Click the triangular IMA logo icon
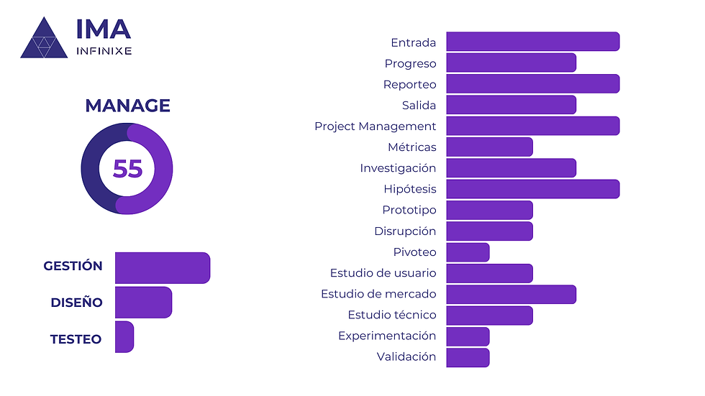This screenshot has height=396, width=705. coord(43,40)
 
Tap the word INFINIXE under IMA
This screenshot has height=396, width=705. coord(104,51)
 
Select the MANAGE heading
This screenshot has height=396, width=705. coord(127,106)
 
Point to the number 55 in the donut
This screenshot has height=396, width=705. coord(127,168)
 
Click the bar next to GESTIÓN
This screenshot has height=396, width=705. coord(162,267)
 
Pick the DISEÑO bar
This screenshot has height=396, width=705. coord(143,303)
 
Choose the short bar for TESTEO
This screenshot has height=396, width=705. coord(124,337)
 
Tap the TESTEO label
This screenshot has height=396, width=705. coord(76,339)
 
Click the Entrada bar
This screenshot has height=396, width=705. coord(532,42)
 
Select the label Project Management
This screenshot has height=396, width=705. coord(375,126)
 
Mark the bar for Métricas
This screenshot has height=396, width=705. coord(489,147)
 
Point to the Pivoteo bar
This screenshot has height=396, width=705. coord(468,252)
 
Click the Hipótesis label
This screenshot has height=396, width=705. coord(409,189)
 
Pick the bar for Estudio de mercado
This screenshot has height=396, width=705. coord(511,295)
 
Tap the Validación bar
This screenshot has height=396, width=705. coord(468,358)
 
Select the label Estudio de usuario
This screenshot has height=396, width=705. coord(383,273)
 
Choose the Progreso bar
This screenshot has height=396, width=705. coord(511,63)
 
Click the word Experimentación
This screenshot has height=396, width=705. coord(387,336)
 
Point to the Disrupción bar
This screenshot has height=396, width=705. coord(489,231)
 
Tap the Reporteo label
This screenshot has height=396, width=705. coord(409,84)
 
